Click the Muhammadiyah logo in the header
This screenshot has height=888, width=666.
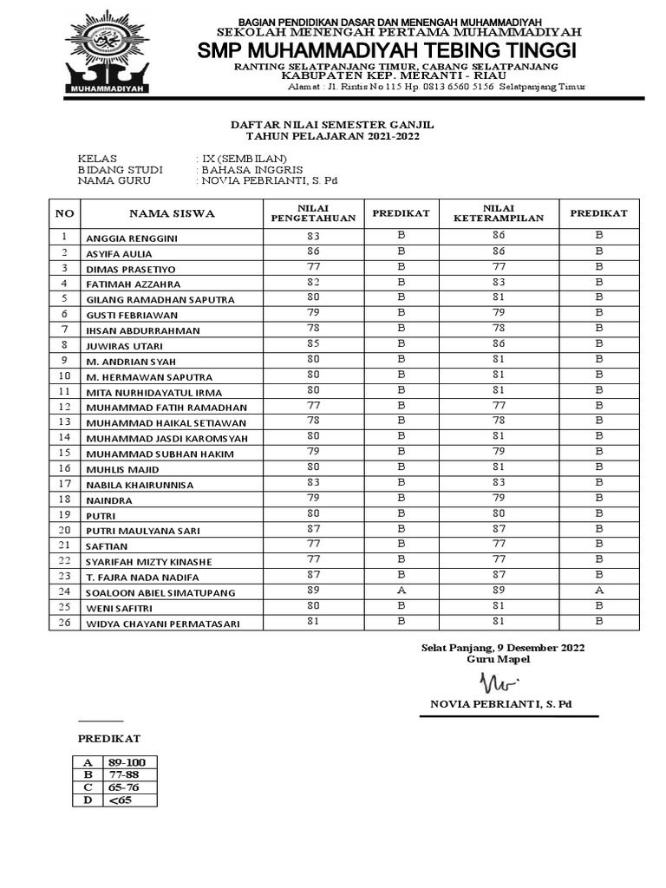click(x=107, y=53)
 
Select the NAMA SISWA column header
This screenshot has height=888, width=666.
click(x=172, y=213)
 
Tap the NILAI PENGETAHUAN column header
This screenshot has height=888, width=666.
click(x=313, y=213)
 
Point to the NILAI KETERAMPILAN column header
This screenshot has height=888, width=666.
click(x=499, y=213)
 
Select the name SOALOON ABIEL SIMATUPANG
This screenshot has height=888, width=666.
click(x=160, y=593)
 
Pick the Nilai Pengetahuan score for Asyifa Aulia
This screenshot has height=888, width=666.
click(x=313, y=251)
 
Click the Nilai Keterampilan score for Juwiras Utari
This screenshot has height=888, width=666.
click(x=499, y=343)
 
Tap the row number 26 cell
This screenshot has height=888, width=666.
click(x=64, y=623)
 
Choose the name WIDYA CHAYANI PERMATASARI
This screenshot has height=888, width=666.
click(x=162, y=624)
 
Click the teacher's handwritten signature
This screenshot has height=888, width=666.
click(x=499, y=680)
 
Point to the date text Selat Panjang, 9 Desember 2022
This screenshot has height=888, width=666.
click(x=503, y=648)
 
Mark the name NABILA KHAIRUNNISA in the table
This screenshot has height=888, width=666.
click(x=140, y=485)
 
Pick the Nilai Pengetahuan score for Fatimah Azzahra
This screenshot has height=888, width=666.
click(x=313, y=282)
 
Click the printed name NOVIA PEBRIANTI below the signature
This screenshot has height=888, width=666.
click(x=500, y=703)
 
